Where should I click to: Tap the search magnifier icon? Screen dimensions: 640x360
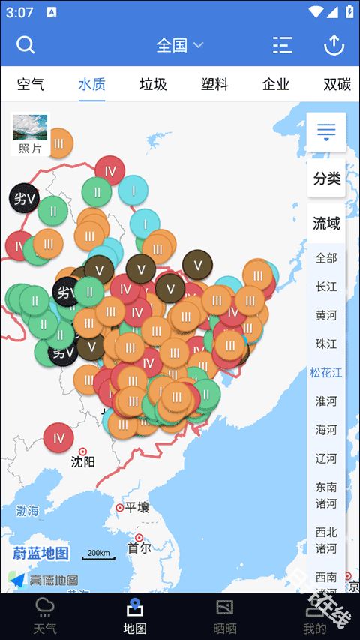tap(25, 45)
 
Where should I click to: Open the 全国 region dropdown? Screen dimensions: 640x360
tap(179, 45)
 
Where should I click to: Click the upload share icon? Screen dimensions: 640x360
tap(334, 45)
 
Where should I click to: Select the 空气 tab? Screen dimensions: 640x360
tap(31, 84)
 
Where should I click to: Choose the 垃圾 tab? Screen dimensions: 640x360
tap(153, 84)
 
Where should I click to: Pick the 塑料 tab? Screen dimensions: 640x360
tap(214, 84)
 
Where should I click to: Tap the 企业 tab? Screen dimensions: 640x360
tap(276, 84)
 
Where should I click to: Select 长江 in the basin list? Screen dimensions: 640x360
tap(326, 287)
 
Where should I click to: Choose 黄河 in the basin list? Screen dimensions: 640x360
tap(326, 315)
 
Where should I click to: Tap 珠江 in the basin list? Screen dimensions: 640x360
tap(326, 344)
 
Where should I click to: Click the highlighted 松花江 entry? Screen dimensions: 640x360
tap(326, 372)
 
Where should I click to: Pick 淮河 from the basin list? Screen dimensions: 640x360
tap(326, 401)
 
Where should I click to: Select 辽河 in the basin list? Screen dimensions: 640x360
tap(326, 458)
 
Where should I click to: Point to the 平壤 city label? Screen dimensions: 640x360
tap(136, 508)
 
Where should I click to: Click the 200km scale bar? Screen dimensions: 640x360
tap(98, 554)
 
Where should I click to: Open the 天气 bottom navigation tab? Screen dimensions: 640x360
tap(45, 615)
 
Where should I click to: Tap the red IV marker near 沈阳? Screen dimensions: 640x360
tap(58, 437)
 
